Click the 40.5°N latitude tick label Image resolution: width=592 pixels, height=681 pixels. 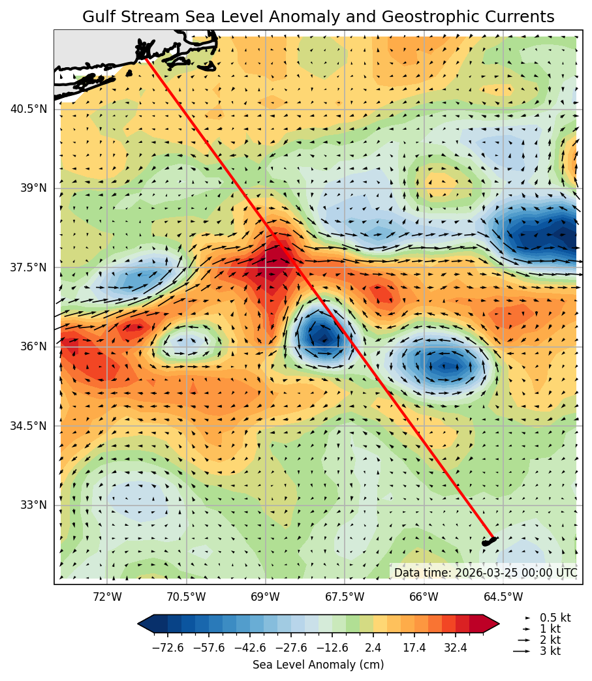point(29,109)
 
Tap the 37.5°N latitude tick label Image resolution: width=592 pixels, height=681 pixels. point(29,267)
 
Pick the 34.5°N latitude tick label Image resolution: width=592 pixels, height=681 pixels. point(29,426)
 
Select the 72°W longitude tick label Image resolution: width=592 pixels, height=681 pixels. point(107,597)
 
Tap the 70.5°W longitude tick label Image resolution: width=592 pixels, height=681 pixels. point(186,597)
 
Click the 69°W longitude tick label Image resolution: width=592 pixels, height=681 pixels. point(266,597)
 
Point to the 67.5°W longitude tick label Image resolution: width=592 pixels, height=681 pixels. point(345,597)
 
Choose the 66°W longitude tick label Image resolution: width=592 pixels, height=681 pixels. point(424,597)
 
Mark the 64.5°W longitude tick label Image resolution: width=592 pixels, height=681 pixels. point(503,597)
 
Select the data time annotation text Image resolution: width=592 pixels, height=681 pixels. point(486,573)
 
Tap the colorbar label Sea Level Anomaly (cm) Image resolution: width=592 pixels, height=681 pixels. point(318,665)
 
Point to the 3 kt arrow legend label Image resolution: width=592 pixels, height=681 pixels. point(550,651)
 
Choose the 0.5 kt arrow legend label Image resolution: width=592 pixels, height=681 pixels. point(555,618)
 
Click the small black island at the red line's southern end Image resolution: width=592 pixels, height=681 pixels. point(489,541)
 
